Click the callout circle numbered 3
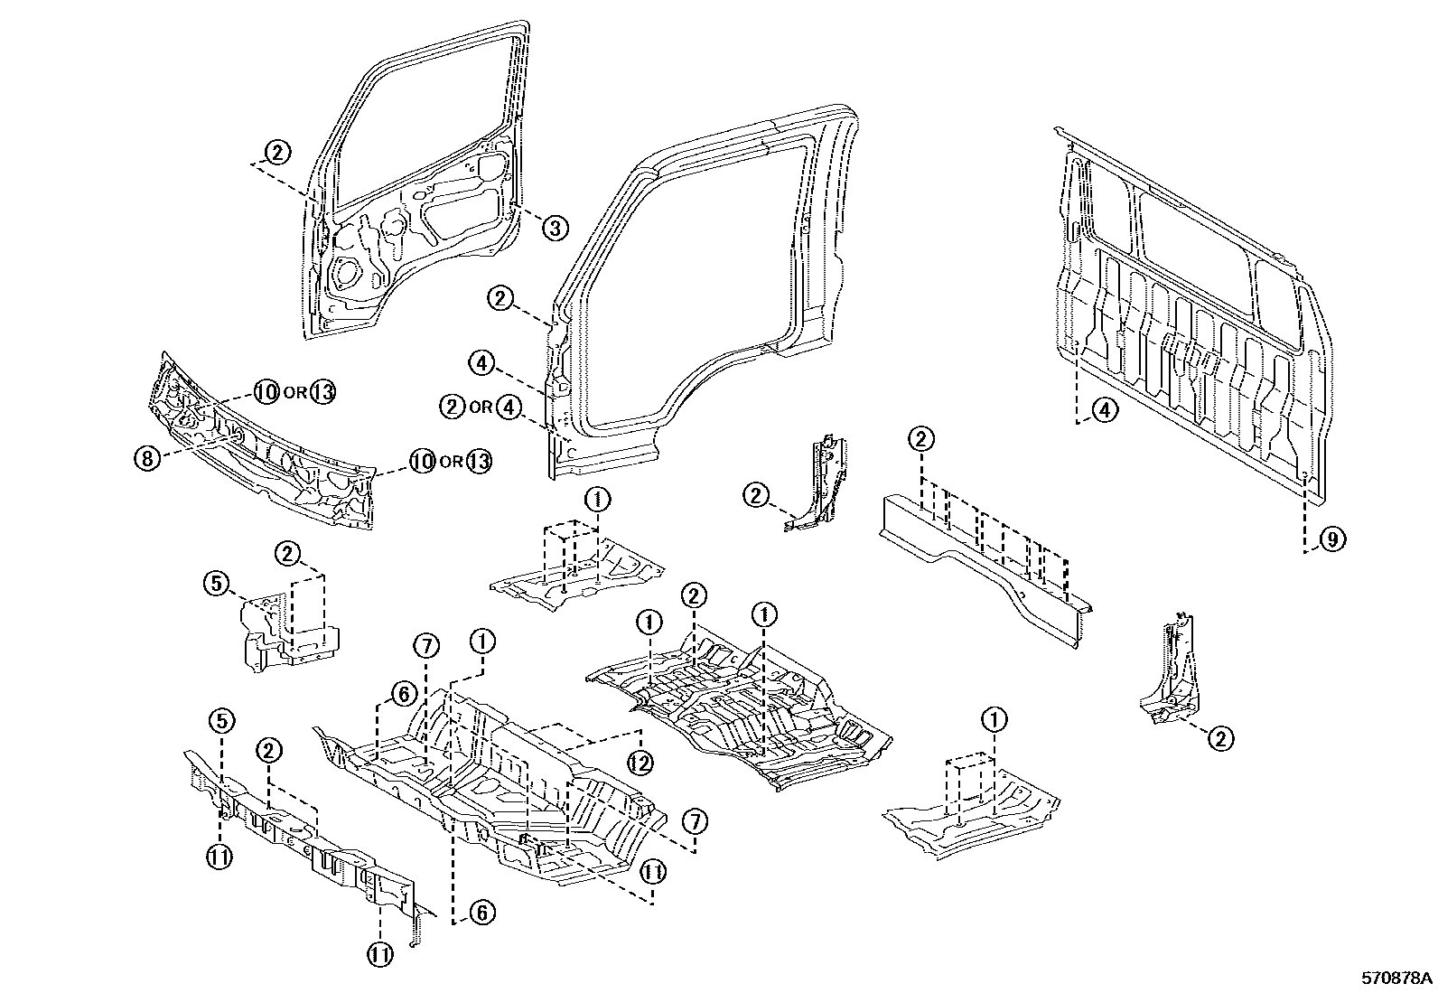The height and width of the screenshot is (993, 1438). point(555,229)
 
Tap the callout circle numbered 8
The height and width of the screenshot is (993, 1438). point(148,458)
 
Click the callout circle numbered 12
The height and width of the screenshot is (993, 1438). point(640,763)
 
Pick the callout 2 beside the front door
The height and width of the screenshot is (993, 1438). point(277,152)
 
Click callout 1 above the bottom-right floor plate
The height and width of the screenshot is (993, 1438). point(994,720)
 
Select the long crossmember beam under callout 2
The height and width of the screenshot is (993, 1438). point(985,560)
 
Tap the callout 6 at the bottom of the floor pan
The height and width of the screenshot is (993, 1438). point(481,913)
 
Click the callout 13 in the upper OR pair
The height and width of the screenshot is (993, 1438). point(322,393)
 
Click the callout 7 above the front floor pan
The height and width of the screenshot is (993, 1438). point(426,646)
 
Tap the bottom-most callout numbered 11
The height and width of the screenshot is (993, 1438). point(378,954)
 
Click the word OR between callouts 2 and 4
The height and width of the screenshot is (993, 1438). point(481,408)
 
